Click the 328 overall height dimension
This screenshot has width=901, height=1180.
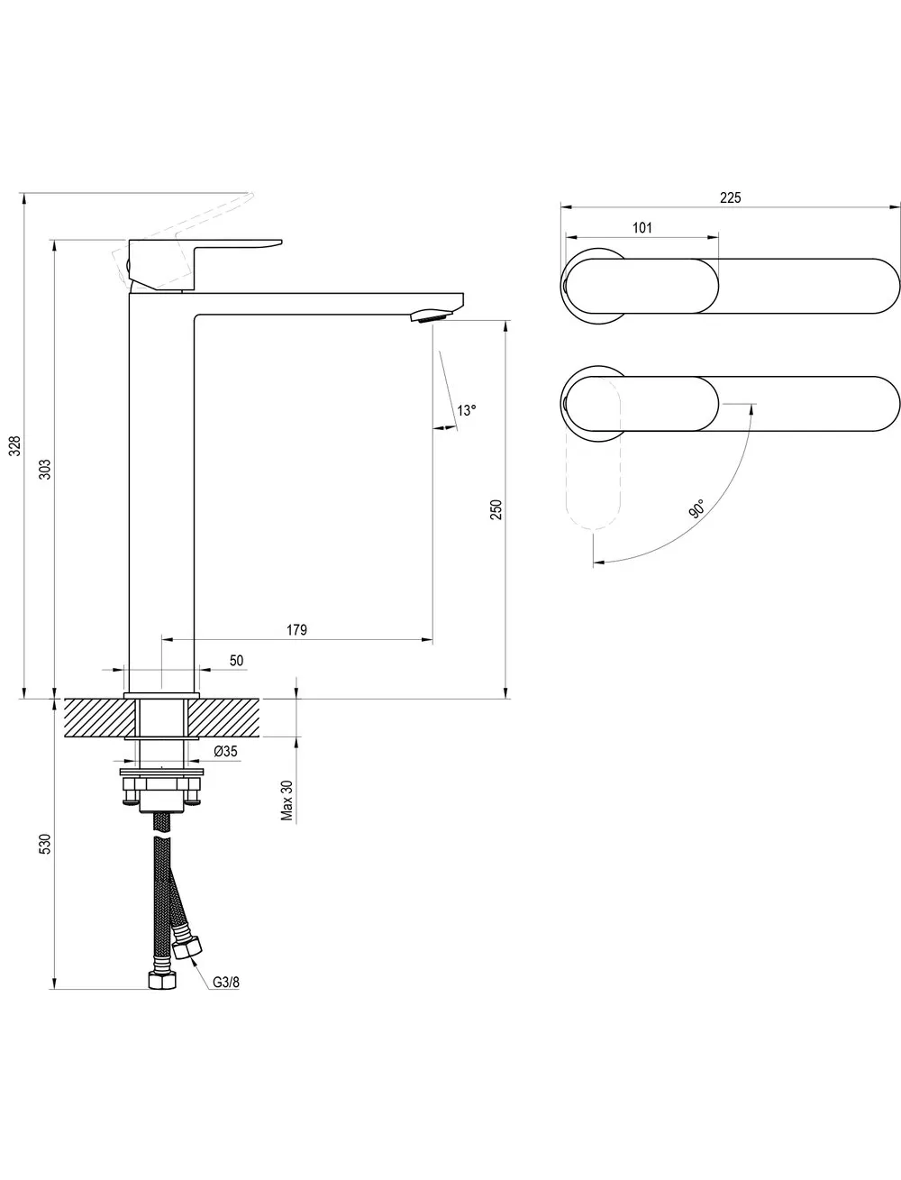[16, 445]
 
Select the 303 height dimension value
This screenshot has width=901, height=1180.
[46, 470]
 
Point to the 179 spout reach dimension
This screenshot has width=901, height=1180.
[296, 629]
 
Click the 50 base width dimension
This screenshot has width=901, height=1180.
[236, 660]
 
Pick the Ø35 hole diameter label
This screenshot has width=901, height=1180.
[225, 751]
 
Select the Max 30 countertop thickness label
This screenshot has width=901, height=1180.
[287, 800]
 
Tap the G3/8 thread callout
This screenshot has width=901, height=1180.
[226, 983]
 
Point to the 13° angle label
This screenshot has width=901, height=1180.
[467, 410]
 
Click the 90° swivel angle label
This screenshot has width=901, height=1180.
[696, 508]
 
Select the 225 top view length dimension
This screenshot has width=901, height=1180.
[730, 197]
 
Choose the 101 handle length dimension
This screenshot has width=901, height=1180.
[642, 227]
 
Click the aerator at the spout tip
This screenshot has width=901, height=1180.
[432, 316]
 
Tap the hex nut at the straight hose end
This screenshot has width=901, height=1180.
[162, 980]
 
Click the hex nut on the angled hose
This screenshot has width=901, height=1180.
[188, 947]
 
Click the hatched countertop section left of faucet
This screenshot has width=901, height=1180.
[98, 718]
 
